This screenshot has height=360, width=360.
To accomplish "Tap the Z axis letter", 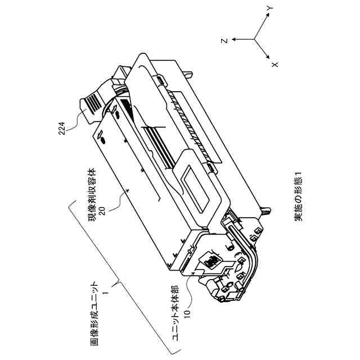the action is pyautogui.click(x=224, y=40).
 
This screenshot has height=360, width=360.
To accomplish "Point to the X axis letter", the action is pyautogui.click(x=275, y=64).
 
